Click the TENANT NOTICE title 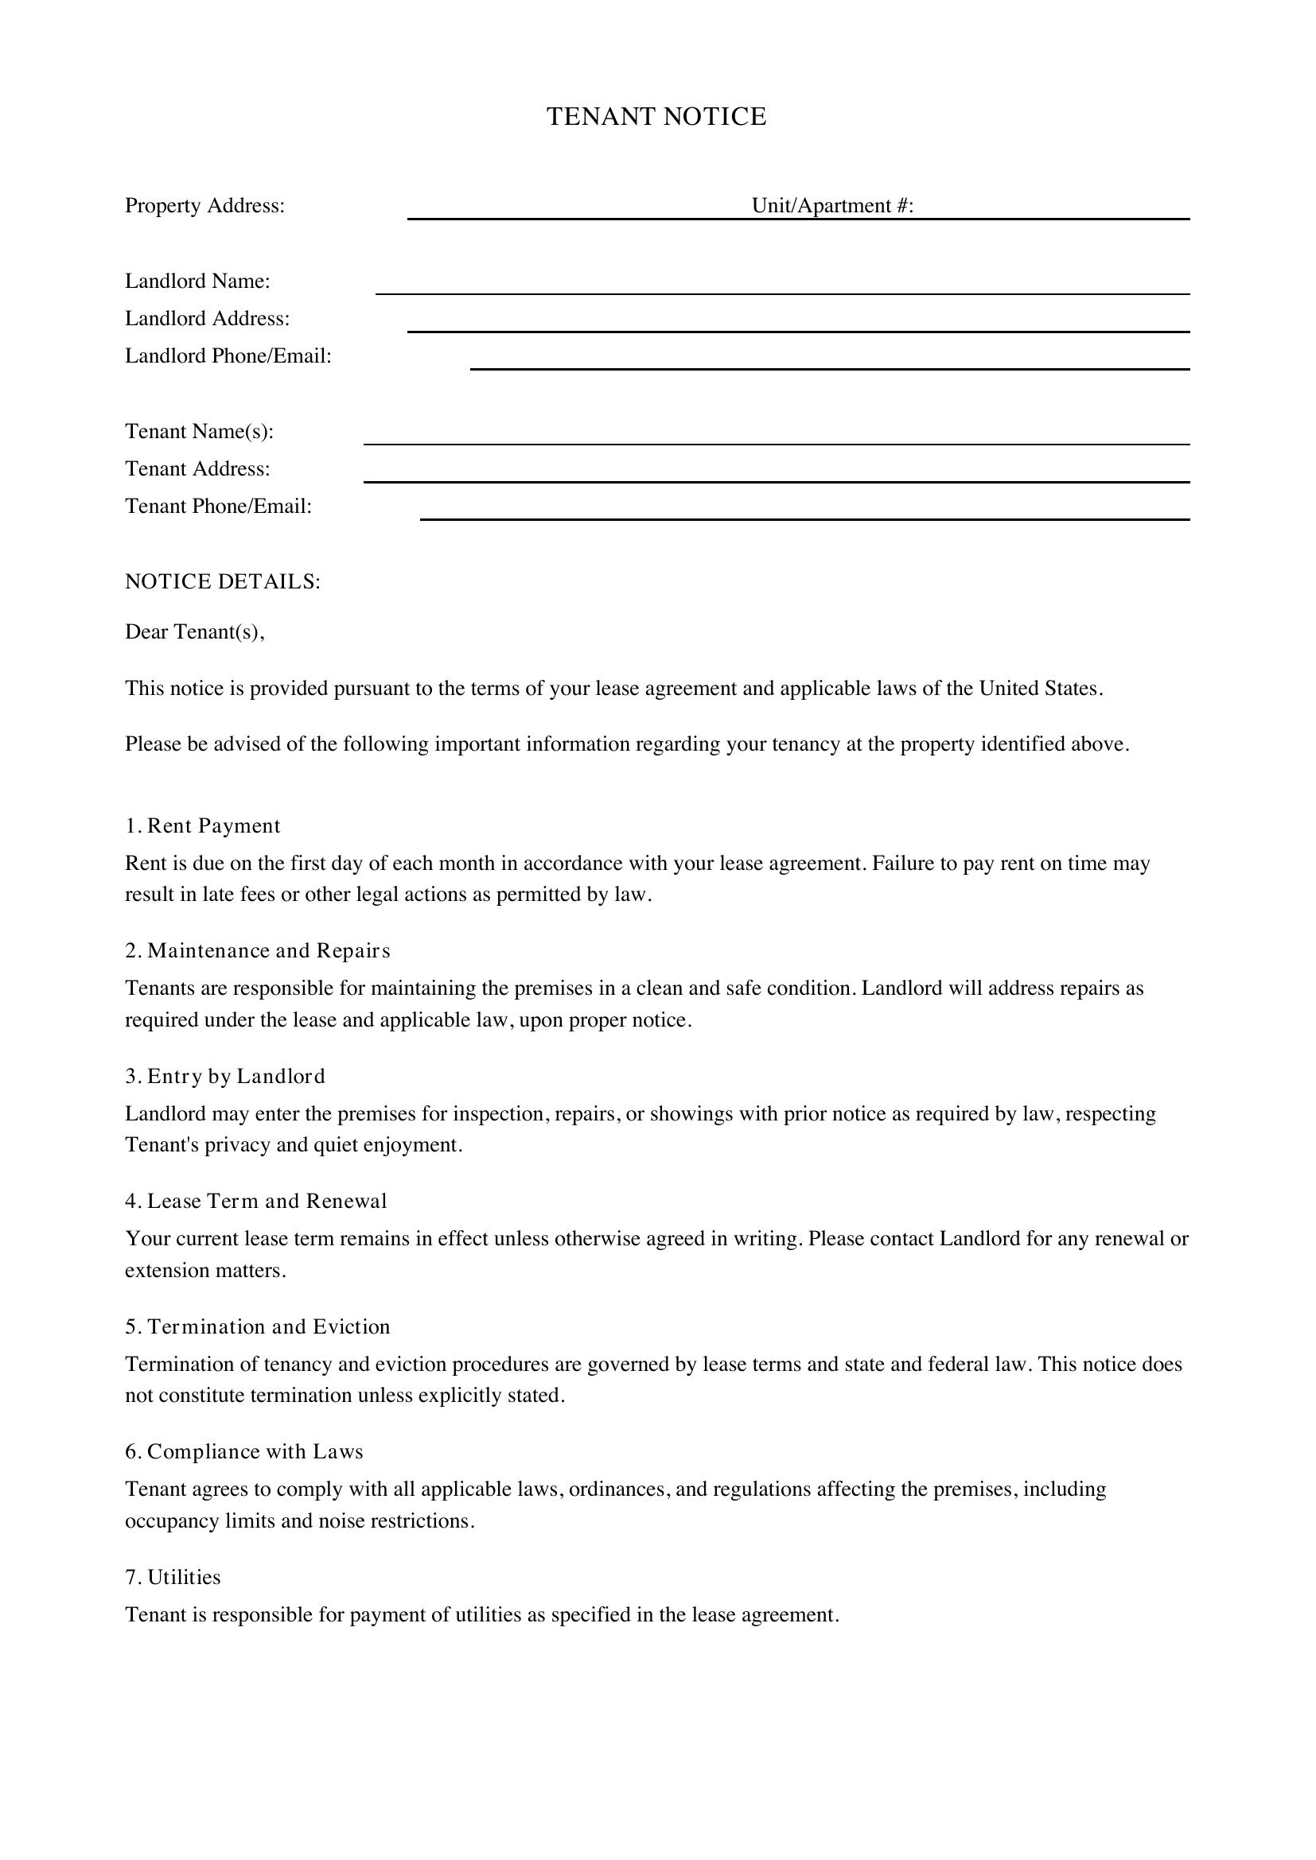click(656, 117)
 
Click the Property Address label click(204, 206)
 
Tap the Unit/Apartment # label click(832, 206)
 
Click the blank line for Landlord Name click(781, 290)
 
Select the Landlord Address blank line click(797, 328)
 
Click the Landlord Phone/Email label click(228, 356)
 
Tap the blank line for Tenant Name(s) click(776, 440)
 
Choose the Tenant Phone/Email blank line click(804, 515)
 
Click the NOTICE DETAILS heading click(222, 581)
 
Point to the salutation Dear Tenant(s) click(194, 632)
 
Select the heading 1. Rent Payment click(203, 826)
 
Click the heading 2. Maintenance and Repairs click(257, 951)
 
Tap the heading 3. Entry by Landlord click(224, 1077)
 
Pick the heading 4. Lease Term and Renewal click(255, 1202)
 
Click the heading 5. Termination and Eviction click(257, 1327)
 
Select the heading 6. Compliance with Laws click(243, 1452)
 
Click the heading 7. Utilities click(173, 1577)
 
